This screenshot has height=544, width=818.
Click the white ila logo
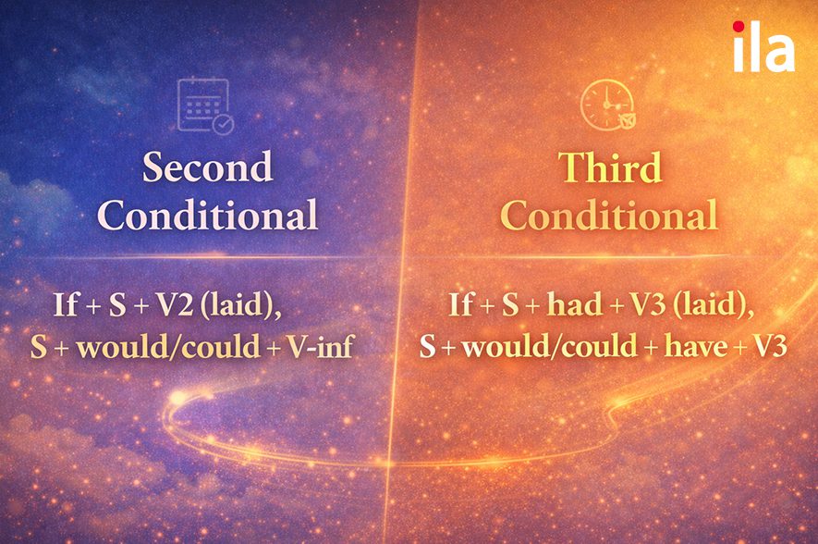click(x=763, y=48)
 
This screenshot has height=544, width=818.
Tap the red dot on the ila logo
click(x=739, y=28)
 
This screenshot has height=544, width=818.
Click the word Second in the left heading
click(x=207, y=167)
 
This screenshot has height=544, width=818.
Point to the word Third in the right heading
click(x=609, y=167)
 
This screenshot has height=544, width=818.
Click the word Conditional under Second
click(x=207, y=215)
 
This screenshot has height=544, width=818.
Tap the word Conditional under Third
click(x=609, y=215)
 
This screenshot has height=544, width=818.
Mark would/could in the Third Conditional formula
click(x=550, y=347)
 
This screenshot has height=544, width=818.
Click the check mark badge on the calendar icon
click(x=223, y=123)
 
